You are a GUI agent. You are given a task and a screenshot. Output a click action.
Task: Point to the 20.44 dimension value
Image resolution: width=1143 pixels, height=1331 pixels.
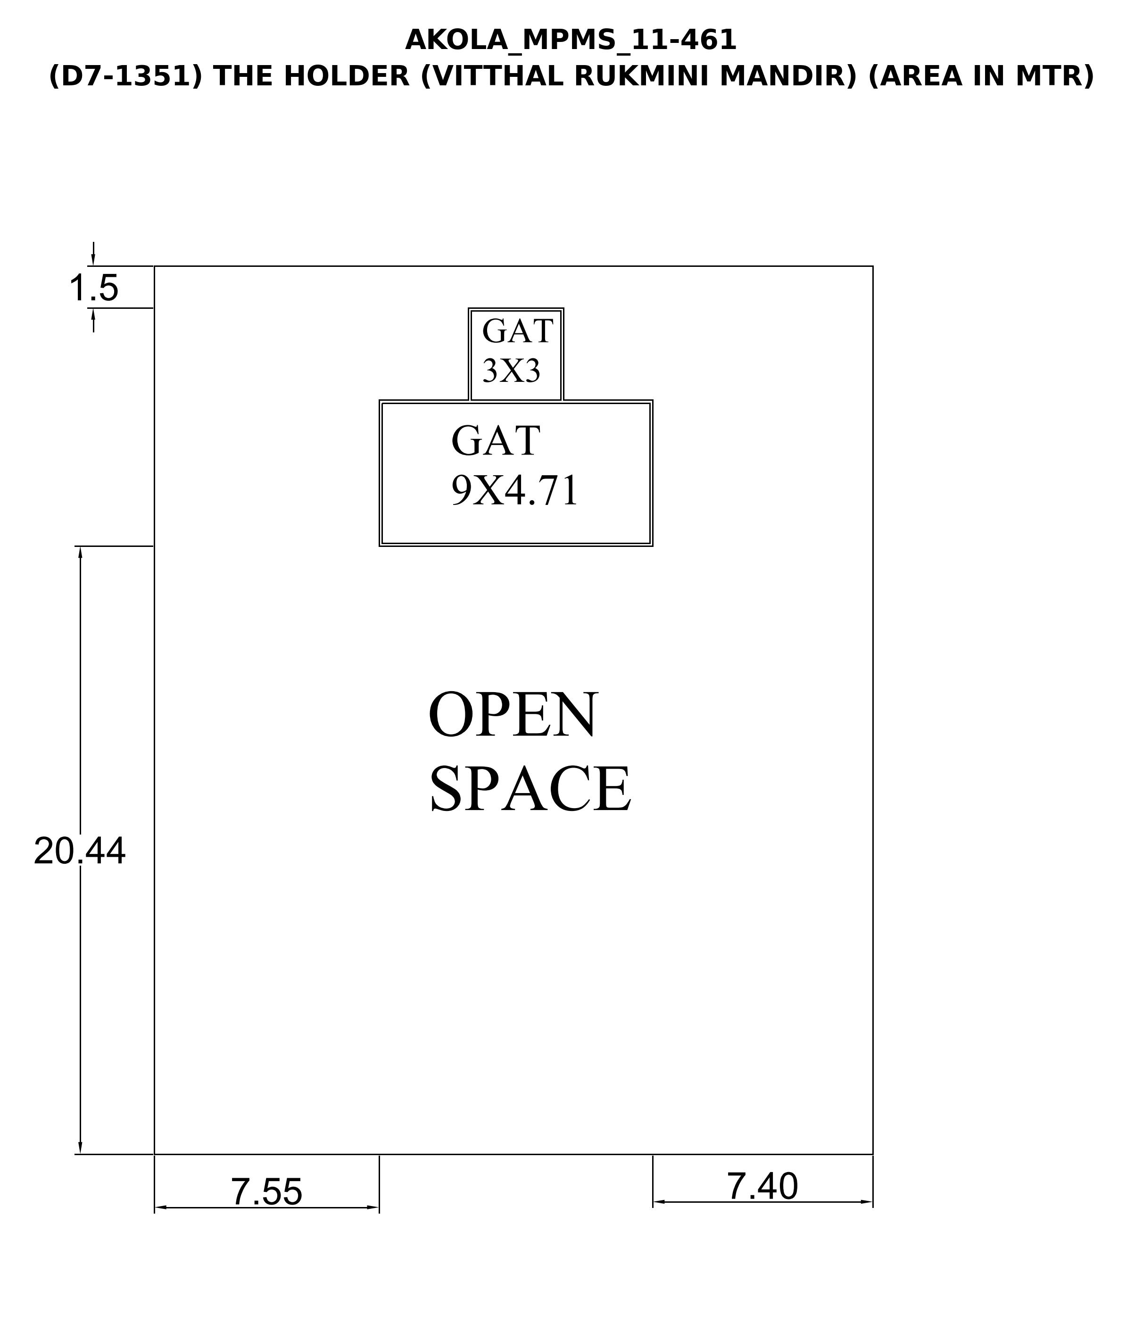(80, 852)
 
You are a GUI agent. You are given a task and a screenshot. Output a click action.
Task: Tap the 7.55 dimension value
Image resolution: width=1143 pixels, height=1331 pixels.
(266, 1191)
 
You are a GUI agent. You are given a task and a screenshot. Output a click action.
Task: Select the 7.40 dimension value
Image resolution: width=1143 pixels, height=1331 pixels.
(762, 1186)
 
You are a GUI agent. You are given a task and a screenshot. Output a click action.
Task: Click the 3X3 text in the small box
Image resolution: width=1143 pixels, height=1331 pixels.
(512, 371)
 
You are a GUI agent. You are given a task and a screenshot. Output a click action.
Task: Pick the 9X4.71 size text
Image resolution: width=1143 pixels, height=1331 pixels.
(514, 491)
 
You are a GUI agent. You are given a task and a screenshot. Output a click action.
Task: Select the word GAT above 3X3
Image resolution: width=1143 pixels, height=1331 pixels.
(517, 331)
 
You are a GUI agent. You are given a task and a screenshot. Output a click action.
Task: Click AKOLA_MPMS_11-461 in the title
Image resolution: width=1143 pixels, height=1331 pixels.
(571, 41)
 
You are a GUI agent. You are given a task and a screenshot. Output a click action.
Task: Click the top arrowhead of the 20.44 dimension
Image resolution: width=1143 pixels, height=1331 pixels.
(80, 553)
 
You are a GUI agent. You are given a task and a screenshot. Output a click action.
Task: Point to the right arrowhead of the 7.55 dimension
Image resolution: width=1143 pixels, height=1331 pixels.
(372, 1207)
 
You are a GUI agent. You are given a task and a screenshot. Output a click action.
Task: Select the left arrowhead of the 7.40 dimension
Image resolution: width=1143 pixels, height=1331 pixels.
(660, 1202)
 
